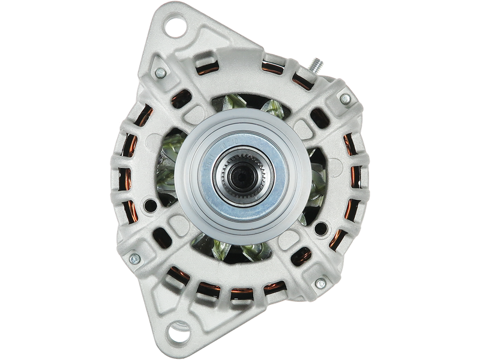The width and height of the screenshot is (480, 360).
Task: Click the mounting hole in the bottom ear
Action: pos(178,332)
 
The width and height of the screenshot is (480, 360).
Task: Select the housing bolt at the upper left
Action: pos(160,73)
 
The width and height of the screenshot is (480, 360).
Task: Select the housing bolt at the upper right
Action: pos(345,98)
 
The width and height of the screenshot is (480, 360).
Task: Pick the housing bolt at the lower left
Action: pos(134,259)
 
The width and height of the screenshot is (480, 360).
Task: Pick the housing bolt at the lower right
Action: pos(320,283)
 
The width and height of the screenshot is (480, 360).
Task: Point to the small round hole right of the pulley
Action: pos(322,227)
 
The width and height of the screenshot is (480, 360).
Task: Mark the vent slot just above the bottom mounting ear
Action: pos(204,294)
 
